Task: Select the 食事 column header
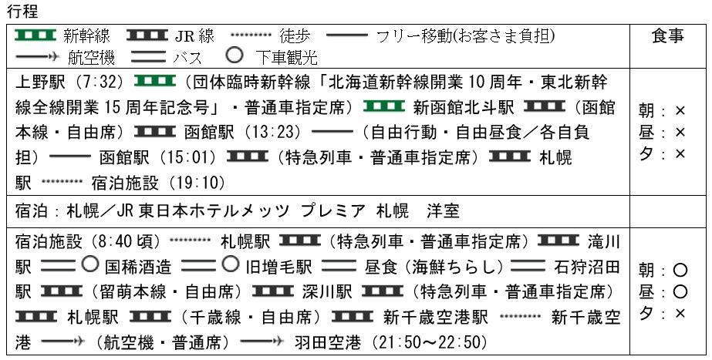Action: (667, 37)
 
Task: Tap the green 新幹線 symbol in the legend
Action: (35, 35)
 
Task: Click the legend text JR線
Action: (195, 36)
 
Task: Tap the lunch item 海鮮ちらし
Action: (444, 267)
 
